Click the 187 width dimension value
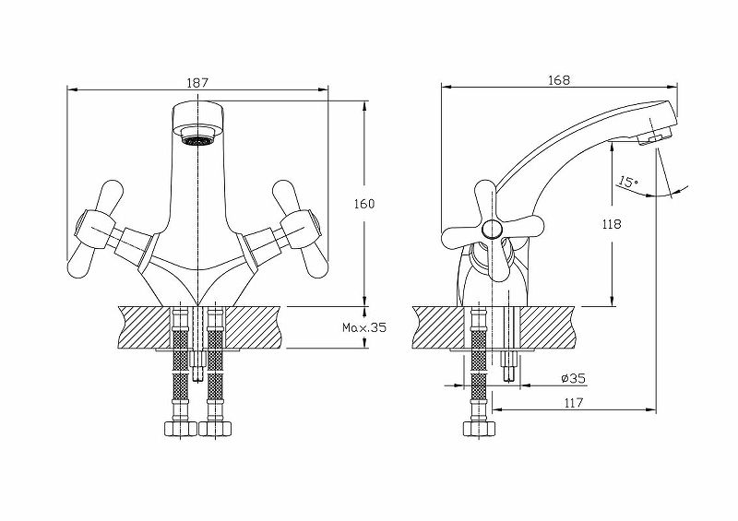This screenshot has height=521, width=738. [x=196, y=82]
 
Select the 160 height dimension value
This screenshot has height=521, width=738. [x=366, y=203]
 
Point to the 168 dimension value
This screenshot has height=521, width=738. [x=558, y=80]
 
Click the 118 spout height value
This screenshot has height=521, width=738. [x=610, y=224]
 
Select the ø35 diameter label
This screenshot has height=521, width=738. [x=572, y=378]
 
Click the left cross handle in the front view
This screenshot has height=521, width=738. [x=98, y=230]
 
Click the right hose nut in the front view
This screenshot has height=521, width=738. [x=216, y=428]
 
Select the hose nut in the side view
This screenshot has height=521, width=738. [x=480, y=429]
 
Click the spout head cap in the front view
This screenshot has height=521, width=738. [x=198, y=118]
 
